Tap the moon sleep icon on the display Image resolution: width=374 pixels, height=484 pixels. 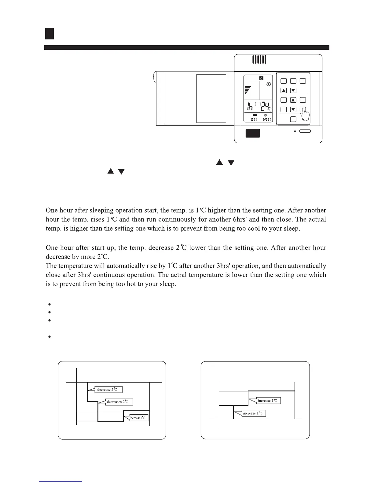261,78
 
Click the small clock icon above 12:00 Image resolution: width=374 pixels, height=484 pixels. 265,115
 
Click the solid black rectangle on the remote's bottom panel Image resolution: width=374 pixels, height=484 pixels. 253,133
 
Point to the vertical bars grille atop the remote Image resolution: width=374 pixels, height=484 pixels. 259,60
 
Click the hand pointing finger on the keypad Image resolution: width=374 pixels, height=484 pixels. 305,115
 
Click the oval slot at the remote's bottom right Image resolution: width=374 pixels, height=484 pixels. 305,131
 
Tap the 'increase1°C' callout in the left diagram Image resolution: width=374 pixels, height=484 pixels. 137,418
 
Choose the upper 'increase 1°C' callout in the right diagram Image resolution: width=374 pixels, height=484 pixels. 267,401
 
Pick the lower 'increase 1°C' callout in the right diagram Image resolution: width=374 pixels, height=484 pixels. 252,413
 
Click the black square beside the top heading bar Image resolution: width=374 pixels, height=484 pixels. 50,34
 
